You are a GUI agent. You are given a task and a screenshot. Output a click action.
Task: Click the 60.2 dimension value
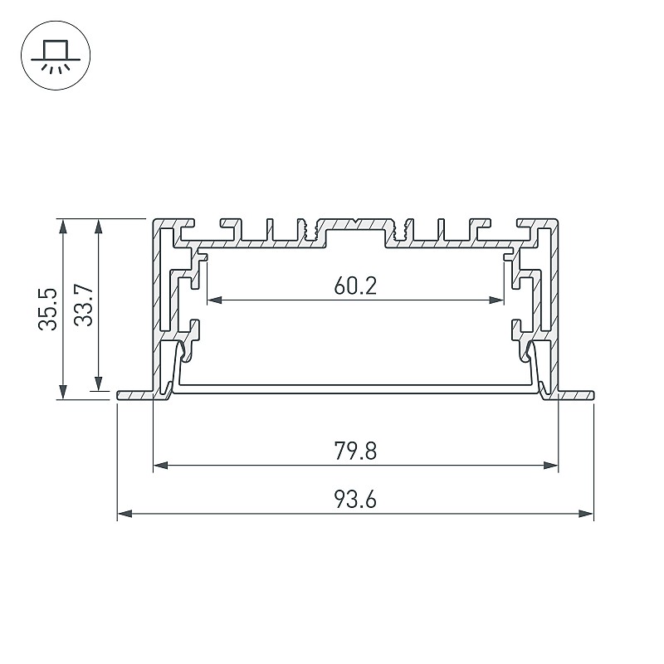point(355,286)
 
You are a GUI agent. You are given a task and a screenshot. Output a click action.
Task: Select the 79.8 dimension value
point(355,451)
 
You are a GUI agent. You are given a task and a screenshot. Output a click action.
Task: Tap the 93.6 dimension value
point(355,500)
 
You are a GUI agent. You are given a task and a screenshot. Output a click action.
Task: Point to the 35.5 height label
point(47,309)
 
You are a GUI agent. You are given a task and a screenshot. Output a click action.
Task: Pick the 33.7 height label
point(83,305)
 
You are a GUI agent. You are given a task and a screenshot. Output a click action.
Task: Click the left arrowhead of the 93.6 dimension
point(125,514)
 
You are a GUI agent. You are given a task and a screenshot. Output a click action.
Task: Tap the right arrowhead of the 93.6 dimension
point(586,514)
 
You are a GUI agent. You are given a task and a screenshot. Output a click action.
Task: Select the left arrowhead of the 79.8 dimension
point(160,466)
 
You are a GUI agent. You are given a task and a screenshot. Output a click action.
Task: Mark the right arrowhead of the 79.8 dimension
point(550,466)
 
